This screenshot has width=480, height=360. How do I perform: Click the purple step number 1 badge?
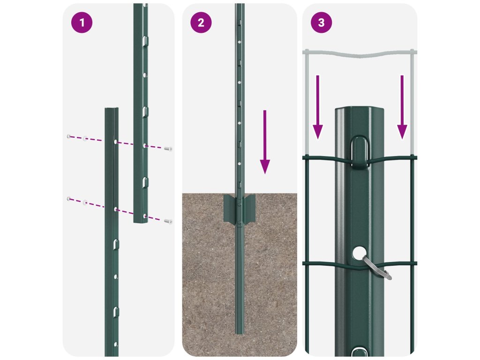tap(82, 22)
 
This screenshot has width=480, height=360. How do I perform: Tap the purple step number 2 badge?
tap(201, 22)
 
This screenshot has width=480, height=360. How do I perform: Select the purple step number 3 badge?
tap(321, 22)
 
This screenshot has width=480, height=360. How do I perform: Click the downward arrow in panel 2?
tap(265, 142)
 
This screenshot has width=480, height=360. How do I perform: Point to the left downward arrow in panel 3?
tap(318, 107)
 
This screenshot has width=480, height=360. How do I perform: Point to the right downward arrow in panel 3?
tap(402, 107)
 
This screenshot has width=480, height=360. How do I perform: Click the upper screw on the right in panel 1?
tap(168, 149)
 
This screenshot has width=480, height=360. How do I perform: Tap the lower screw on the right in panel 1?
tap(168, 221)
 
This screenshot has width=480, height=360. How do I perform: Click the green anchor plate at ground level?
tap(240, 209)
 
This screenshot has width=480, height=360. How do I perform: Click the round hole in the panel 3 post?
tap(359, 253)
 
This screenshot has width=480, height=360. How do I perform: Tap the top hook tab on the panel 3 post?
tap(360, 152)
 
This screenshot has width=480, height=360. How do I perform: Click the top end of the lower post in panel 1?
tap(112, 109)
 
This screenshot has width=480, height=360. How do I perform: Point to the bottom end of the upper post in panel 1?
tap(141, 221)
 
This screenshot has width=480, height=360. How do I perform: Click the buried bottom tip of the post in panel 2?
tap(240, 333)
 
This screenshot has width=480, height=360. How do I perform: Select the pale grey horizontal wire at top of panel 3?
tap(360, 53)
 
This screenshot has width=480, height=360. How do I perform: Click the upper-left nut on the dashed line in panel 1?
tap(69, 136)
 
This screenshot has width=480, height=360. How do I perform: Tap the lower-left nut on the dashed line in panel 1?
tap(69, 199)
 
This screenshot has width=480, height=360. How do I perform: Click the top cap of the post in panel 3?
tap(360, 109)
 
